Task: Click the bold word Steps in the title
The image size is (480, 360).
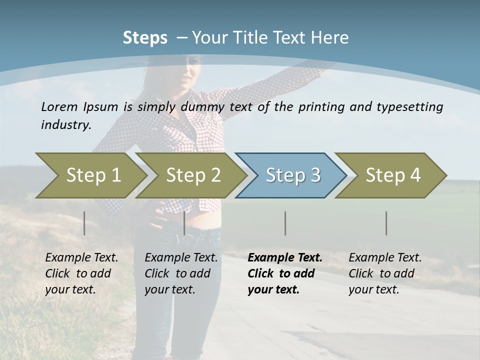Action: (145, 38)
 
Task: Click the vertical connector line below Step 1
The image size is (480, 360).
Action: (84, 223)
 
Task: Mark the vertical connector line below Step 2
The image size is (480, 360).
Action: (184, 223)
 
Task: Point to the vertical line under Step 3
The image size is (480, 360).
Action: (285, 223)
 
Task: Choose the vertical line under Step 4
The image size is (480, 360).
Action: (386, 223)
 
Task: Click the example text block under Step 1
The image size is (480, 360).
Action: (81, 273)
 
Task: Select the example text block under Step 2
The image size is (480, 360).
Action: (180, 273)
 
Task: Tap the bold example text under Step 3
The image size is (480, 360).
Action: (284, 273)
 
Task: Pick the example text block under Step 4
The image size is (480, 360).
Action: (384, 273)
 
